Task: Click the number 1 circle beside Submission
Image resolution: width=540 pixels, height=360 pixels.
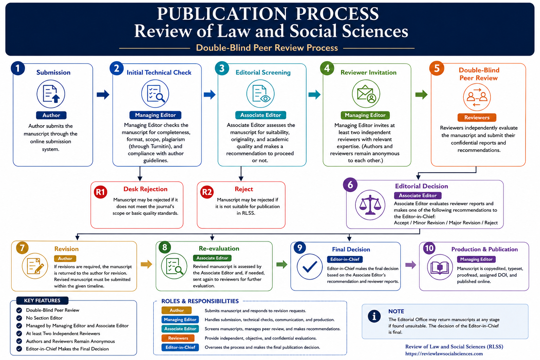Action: point(18,68)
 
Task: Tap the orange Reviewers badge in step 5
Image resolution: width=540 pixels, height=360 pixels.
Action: point(477,117)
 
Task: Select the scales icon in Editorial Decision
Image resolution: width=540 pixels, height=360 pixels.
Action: point(370,205)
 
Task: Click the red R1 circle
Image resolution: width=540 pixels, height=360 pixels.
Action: point(101,192)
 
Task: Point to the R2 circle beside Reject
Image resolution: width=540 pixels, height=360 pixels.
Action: point(207,192)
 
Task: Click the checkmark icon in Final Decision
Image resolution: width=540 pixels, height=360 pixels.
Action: point(309,266)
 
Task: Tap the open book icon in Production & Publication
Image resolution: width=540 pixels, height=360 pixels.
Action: point(440,267)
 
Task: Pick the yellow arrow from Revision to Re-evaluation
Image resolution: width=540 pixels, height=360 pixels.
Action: point(146,264)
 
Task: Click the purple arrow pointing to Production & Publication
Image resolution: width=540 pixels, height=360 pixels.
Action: point(411,265)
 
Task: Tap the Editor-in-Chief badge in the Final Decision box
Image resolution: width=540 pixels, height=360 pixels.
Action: point(345,259)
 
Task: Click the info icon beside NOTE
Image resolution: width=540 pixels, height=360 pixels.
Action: point(374,316)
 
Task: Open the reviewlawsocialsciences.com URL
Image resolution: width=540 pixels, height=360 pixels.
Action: point(444,354)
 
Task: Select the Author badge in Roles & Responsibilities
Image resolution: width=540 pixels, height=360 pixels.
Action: point(177,310)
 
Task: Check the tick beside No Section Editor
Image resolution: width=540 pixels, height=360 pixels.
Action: point(19,318)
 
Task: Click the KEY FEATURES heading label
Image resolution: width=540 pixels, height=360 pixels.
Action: point(42,301)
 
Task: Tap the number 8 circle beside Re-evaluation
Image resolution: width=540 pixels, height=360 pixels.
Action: point(165,247)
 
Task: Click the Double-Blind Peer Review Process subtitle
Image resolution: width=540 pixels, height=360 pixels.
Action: point(267,48)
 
